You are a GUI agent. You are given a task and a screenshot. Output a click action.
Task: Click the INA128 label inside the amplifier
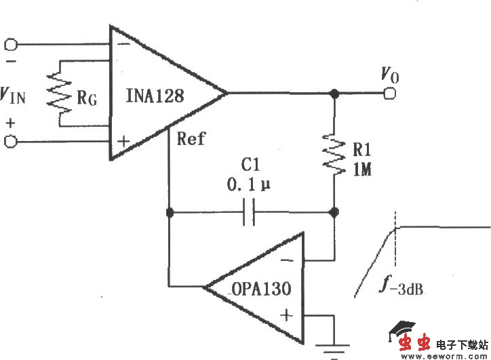155,96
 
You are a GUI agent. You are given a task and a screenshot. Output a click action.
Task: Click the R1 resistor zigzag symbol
334,153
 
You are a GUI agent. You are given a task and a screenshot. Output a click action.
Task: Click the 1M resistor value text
362,169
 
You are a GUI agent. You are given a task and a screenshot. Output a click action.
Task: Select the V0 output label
389,74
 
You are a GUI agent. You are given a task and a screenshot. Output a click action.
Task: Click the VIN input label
14,96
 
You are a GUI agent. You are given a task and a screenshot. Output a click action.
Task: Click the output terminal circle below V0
389,93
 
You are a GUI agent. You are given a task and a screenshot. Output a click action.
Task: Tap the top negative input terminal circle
10,45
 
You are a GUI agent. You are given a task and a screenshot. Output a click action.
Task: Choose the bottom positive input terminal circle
10,142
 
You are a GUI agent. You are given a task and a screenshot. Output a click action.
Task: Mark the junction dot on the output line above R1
334,93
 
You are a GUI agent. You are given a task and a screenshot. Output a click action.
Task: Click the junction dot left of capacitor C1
169,213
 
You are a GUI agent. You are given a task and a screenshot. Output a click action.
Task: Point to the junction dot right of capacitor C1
334,213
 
